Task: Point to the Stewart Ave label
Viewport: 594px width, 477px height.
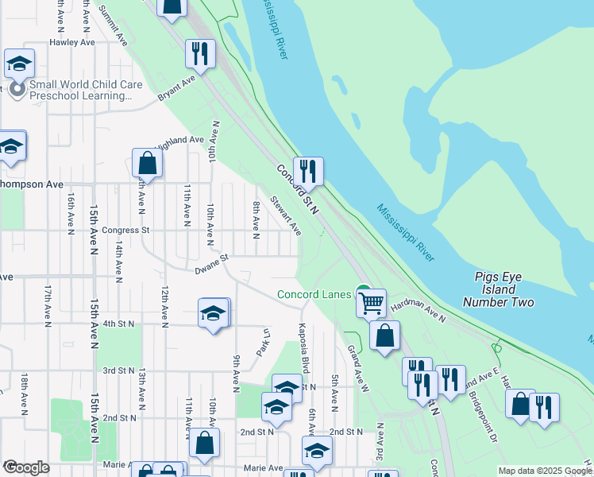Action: tap(286, 215)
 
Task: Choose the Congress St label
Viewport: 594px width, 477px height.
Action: tap(125, 231)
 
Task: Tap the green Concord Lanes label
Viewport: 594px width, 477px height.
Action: tap(314, 295)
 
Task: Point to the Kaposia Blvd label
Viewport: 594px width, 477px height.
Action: tap(303, 347)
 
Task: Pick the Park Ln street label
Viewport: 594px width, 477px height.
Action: tap(260, 343)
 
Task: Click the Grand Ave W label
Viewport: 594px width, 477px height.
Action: tap(357, 367)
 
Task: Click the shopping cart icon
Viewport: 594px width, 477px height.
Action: tap(371, 302)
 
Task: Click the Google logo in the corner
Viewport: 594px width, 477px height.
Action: tap(26, 467)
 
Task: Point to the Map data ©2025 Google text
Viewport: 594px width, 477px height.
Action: tap(544, 471)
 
